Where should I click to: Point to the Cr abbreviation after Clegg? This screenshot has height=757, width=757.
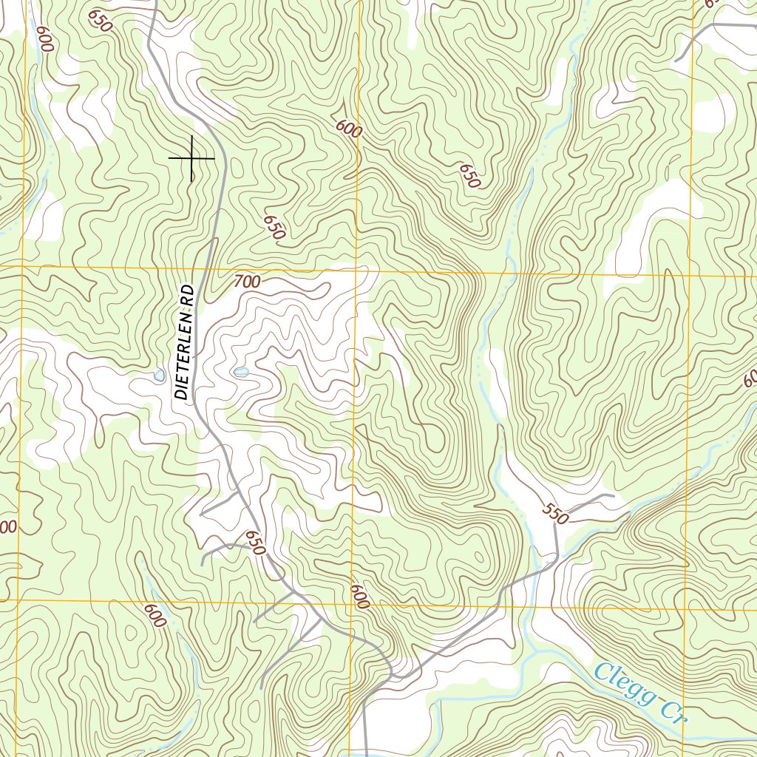click(670, 712)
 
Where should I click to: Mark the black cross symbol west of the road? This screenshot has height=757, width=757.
click(191, 158)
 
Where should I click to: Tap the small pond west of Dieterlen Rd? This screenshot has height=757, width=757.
click(159, 376)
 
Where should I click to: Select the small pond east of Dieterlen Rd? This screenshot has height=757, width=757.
click(240, 372)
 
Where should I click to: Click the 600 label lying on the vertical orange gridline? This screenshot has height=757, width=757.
click(359, 597)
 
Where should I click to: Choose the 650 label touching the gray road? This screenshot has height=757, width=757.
click(254, 543)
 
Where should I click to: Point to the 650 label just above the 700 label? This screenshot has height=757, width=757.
click(273, 228)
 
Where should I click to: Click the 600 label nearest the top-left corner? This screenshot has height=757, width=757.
click(44, 38)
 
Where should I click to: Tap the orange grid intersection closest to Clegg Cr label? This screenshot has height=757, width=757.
click(685, 608)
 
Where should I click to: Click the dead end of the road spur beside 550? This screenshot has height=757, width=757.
click(613, 495)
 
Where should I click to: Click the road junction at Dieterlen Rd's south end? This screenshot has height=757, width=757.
click(391, 674)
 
